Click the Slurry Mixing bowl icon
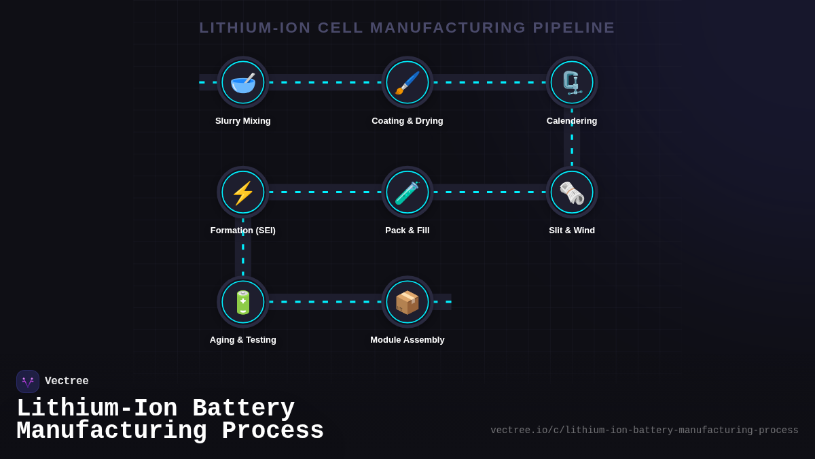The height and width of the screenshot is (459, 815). (243, 82)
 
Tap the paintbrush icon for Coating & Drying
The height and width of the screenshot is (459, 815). (407, 82)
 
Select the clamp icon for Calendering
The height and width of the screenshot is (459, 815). (572, 82)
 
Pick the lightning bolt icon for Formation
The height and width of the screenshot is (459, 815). (243, 192)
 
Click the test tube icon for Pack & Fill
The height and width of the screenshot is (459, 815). (407, 192)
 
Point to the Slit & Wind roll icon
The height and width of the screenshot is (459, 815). (572, 192)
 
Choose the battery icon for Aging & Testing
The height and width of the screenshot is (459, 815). (243, 302)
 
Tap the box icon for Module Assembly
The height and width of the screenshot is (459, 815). (407, 302)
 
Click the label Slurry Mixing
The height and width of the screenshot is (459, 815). (243, 121)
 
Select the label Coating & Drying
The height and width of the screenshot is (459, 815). (407, 121)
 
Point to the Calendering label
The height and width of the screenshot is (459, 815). (572, 121)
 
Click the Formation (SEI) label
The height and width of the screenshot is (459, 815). (243, 231)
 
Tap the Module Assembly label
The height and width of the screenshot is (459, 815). (407, 340)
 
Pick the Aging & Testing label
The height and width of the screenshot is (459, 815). (243, 340)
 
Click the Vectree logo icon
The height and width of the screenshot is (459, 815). (28, 381)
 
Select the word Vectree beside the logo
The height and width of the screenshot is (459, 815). (67, 381)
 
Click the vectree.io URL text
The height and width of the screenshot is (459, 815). (644, 430)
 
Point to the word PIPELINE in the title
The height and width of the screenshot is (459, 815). (574, 28)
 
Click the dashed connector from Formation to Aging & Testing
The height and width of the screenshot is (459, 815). (243, 248)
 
